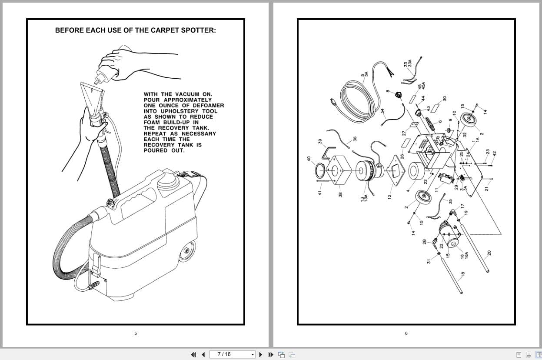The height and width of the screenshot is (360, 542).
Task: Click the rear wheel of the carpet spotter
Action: pos(187,252)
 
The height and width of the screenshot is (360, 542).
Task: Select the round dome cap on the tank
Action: pos(166,182)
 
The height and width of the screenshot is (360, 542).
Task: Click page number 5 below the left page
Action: pos(136,333)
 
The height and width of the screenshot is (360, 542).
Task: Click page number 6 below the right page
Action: pos(406,333)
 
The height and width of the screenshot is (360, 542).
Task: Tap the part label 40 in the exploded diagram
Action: pos(309,159)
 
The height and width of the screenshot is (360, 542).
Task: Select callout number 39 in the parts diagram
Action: pos(320,141)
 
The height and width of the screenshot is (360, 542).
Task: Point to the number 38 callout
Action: pos(340,194)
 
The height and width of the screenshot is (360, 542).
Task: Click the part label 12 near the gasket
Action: pos(389,197)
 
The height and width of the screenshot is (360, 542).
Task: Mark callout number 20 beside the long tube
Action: pos(489,253)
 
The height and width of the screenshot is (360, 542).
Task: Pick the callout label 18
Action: pos(463,274)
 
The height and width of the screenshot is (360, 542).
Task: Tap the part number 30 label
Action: pos(445,99)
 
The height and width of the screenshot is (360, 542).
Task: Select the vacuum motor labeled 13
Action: pos(369,171)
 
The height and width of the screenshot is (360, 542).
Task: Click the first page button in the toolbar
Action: pos(193,355)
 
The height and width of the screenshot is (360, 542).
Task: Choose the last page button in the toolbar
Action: pos(271,355)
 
